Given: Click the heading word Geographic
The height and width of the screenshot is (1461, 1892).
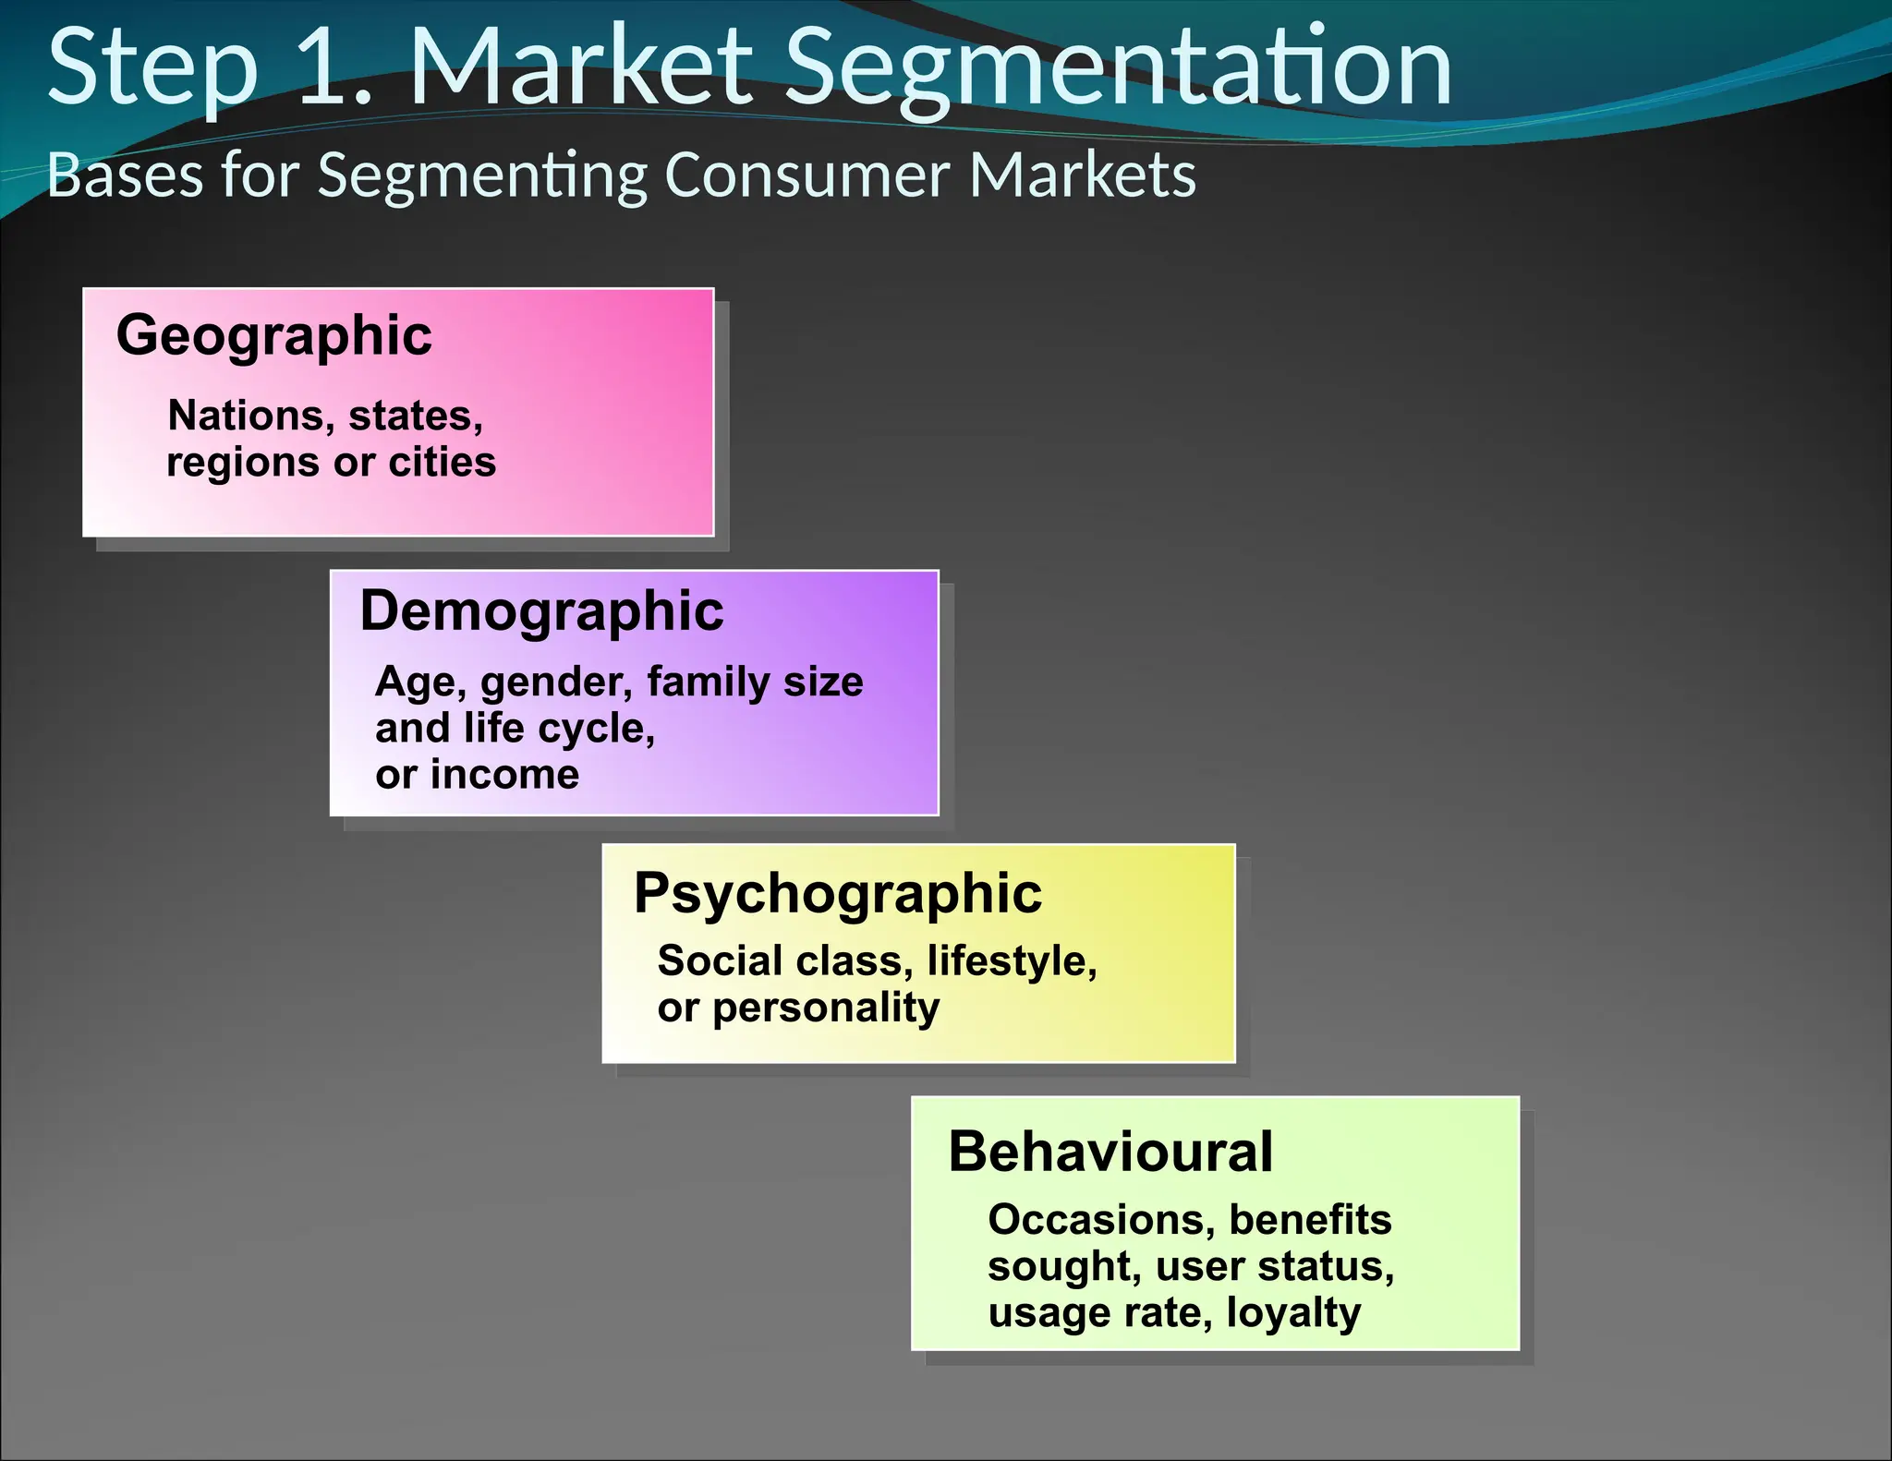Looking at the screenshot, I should tap(273, 336).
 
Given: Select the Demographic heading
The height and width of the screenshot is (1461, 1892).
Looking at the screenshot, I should tap(541, 611).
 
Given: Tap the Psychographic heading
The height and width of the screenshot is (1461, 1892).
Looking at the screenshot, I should tap(838, 894).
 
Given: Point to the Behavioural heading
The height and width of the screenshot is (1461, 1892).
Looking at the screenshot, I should tap(1110, 1152).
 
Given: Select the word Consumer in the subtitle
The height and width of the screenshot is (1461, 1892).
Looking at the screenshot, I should tap(807, 175).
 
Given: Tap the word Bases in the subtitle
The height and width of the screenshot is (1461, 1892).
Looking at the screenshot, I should tap(125, 175).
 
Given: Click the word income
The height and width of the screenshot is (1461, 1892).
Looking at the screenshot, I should tap(504, 774).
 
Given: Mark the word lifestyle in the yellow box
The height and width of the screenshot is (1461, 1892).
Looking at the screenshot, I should tap(1012, 961).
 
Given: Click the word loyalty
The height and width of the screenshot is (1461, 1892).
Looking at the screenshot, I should tap(1293, 1313).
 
